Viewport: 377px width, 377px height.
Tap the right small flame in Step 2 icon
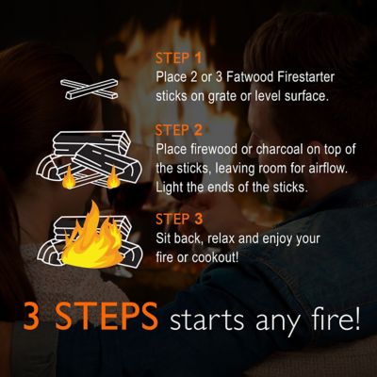[x=113, y=176]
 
